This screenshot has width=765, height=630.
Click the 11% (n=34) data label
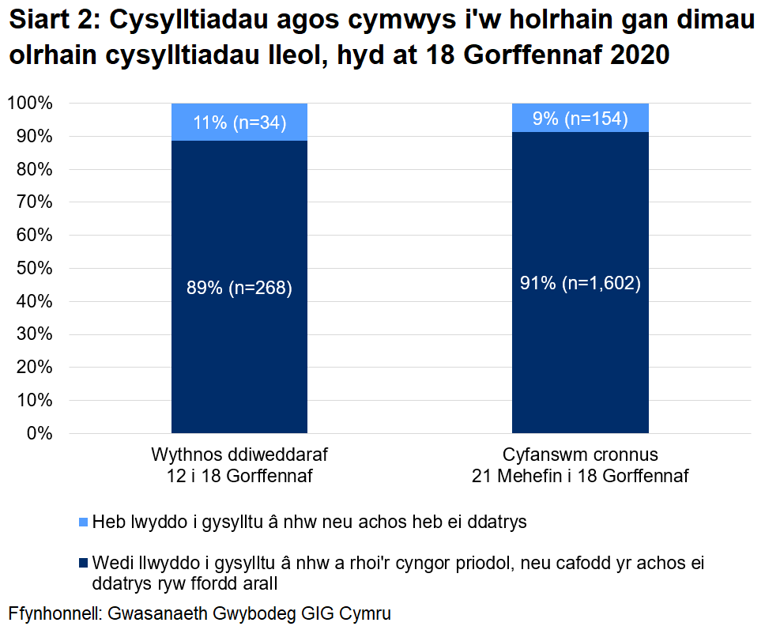tap(239, 123)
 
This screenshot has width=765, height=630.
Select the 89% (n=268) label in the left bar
tap(239, 289)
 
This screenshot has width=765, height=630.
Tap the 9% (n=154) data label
tap(580, 119)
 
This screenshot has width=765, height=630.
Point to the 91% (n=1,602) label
tap(580, 284)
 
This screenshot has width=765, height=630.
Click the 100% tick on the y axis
tap(30, 104)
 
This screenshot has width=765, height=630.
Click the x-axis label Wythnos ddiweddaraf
tap(239, 456)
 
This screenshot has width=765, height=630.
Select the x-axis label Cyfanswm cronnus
tap(580, 456)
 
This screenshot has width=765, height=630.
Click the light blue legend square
tap(83, 522)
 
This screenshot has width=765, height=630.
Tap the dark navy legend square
tap(83, 564)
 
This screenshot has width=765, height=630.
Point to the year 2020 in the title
tap(630, 55)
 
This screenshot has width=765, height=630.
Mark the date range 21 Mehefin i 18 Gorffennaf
tap(580, 477)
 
